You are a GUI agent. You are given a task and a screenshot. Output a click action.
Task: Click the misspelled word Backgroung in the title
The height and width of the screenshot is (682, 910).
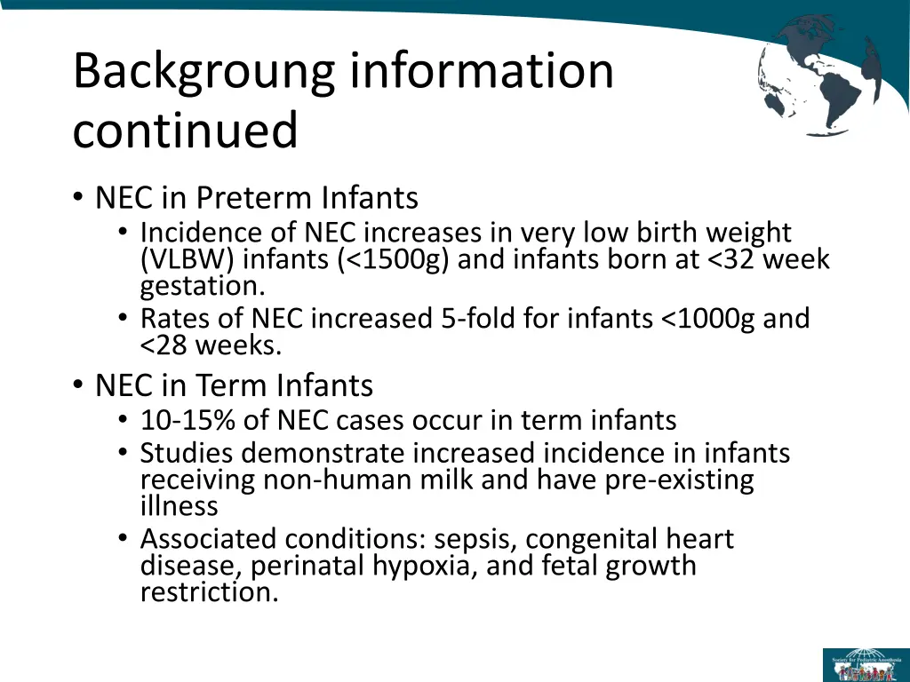click(204, 72)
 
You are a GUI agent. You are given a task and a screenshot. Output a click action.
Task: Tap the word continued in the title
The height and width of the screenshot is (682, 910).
click(185, 131)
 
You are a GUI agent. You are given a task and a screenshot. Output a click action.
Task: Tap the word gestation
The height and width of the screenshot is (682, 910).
click(202, 287)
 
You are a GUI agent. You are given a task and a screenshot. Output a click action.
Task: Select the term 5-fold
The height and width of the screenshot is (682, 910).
click(480, 318)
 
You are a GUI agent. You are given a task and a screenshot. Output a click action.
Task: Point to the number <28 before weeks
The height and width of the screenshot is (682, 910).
click(163, 345)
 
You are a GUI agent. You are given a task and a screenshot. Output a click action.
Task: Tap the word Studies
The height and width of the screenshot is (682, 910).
click(187, 454)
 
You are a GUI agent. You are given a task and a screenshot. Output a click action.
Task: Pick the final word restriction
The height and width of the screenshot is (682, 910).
click(209, 592)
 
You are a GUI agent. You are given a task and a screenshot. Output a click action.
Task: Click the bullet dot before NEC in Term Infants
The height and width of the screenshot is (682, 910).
click(78, 385)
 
